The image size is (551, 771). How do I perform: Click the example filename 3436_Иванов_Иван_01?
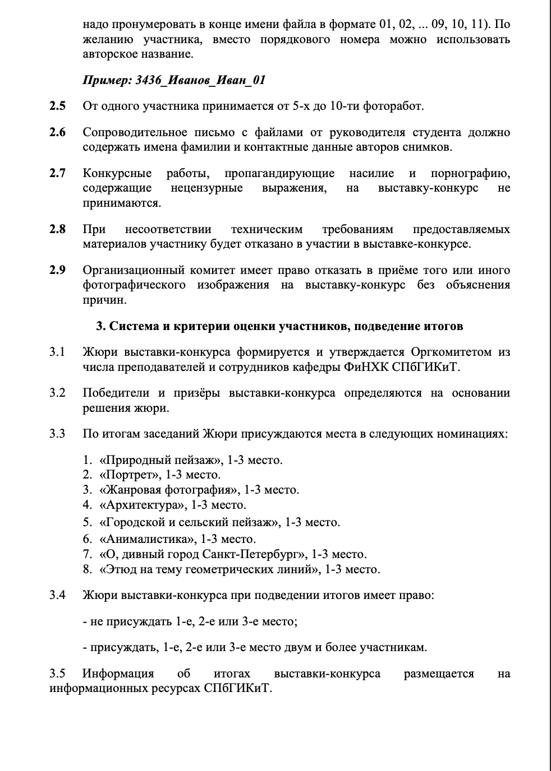200,80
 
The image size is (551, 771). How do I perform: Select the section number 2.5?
57,106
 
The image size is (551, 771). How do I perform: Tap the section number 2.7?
57,173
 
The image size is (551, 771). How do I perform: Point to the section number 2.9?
57,270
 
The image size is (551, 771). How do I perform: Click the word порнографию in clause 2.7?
470,173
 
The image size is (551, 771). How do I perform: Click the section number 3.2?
57,393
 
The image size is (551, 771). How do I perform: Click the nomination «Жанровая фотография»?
168,490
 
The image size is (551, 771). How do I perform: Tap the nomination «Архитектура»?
143,505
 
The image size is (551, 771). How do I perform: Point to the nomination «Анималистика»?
147,539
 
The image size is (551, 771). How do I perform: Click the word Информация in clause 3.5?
118,674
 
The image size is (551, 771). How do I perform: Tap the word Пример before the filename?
107,80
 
